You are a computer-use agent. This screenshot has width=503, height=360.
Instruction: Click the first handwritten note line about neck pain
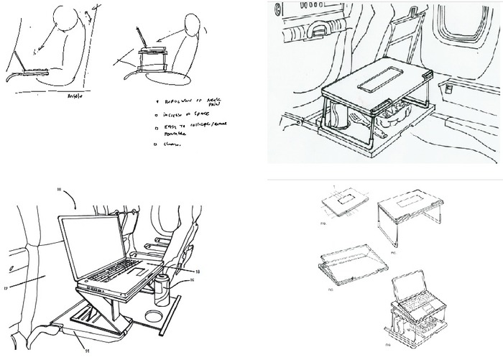pyautogui.click(x=190, y=103)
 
